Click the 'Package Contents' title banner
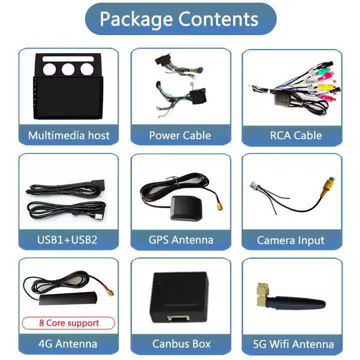tap(180, 19)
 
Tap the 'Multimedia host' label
tap(69, 135)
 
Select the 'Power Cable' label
tap(180, 135)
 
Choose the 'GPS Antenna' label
tap(180, 239)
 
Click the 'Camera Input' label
tap(290, 240)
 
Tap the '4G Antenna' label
tap(68, 343)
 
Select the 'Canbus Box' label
tap(181, 343)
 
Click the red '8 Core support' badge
tap(68, 323)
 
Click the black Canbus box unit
tap(179, 295)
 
